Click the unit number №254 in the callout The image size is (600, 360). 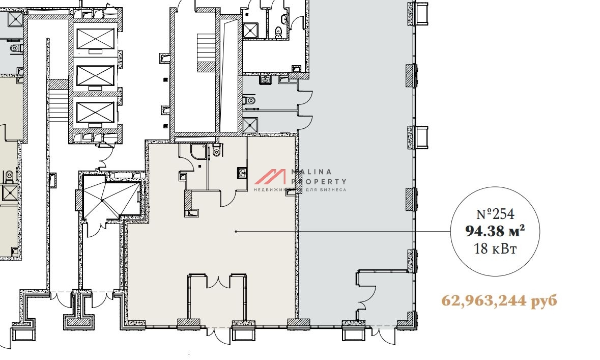(x=496, y=214)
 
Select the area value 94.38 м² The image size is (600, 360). (x=495, y=231)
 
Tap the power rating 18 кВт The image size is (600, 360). (x=496, y=249)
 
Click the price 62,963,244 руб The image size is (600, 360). (x=499, y=300)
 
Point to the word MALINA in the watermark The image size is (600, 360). (x=311, y=172)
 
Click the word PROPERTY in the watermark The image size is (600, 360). (x=319, y=182)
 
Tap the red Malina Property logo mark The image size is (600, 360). (x=270, y=177)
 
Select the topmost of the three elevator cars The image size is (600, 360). (x=95, y=38)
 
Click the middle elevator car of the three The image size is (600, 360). (x=95, y=75)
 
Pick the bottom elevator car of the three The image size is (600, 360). (x=95, y=113)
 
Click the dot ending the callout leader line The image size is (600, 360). (x=236, y=231)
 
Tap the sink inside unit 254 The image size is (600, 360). (x=242, y=173)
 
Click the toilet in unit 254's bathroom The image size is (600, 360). (x=217, y=150)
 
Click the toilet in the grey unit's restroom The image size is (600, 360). (x=250, y=100)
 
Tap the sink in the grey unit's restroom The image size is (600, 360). (x=265, y=79)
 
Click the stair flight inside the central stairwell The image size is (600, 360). (x=207, y=52)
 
